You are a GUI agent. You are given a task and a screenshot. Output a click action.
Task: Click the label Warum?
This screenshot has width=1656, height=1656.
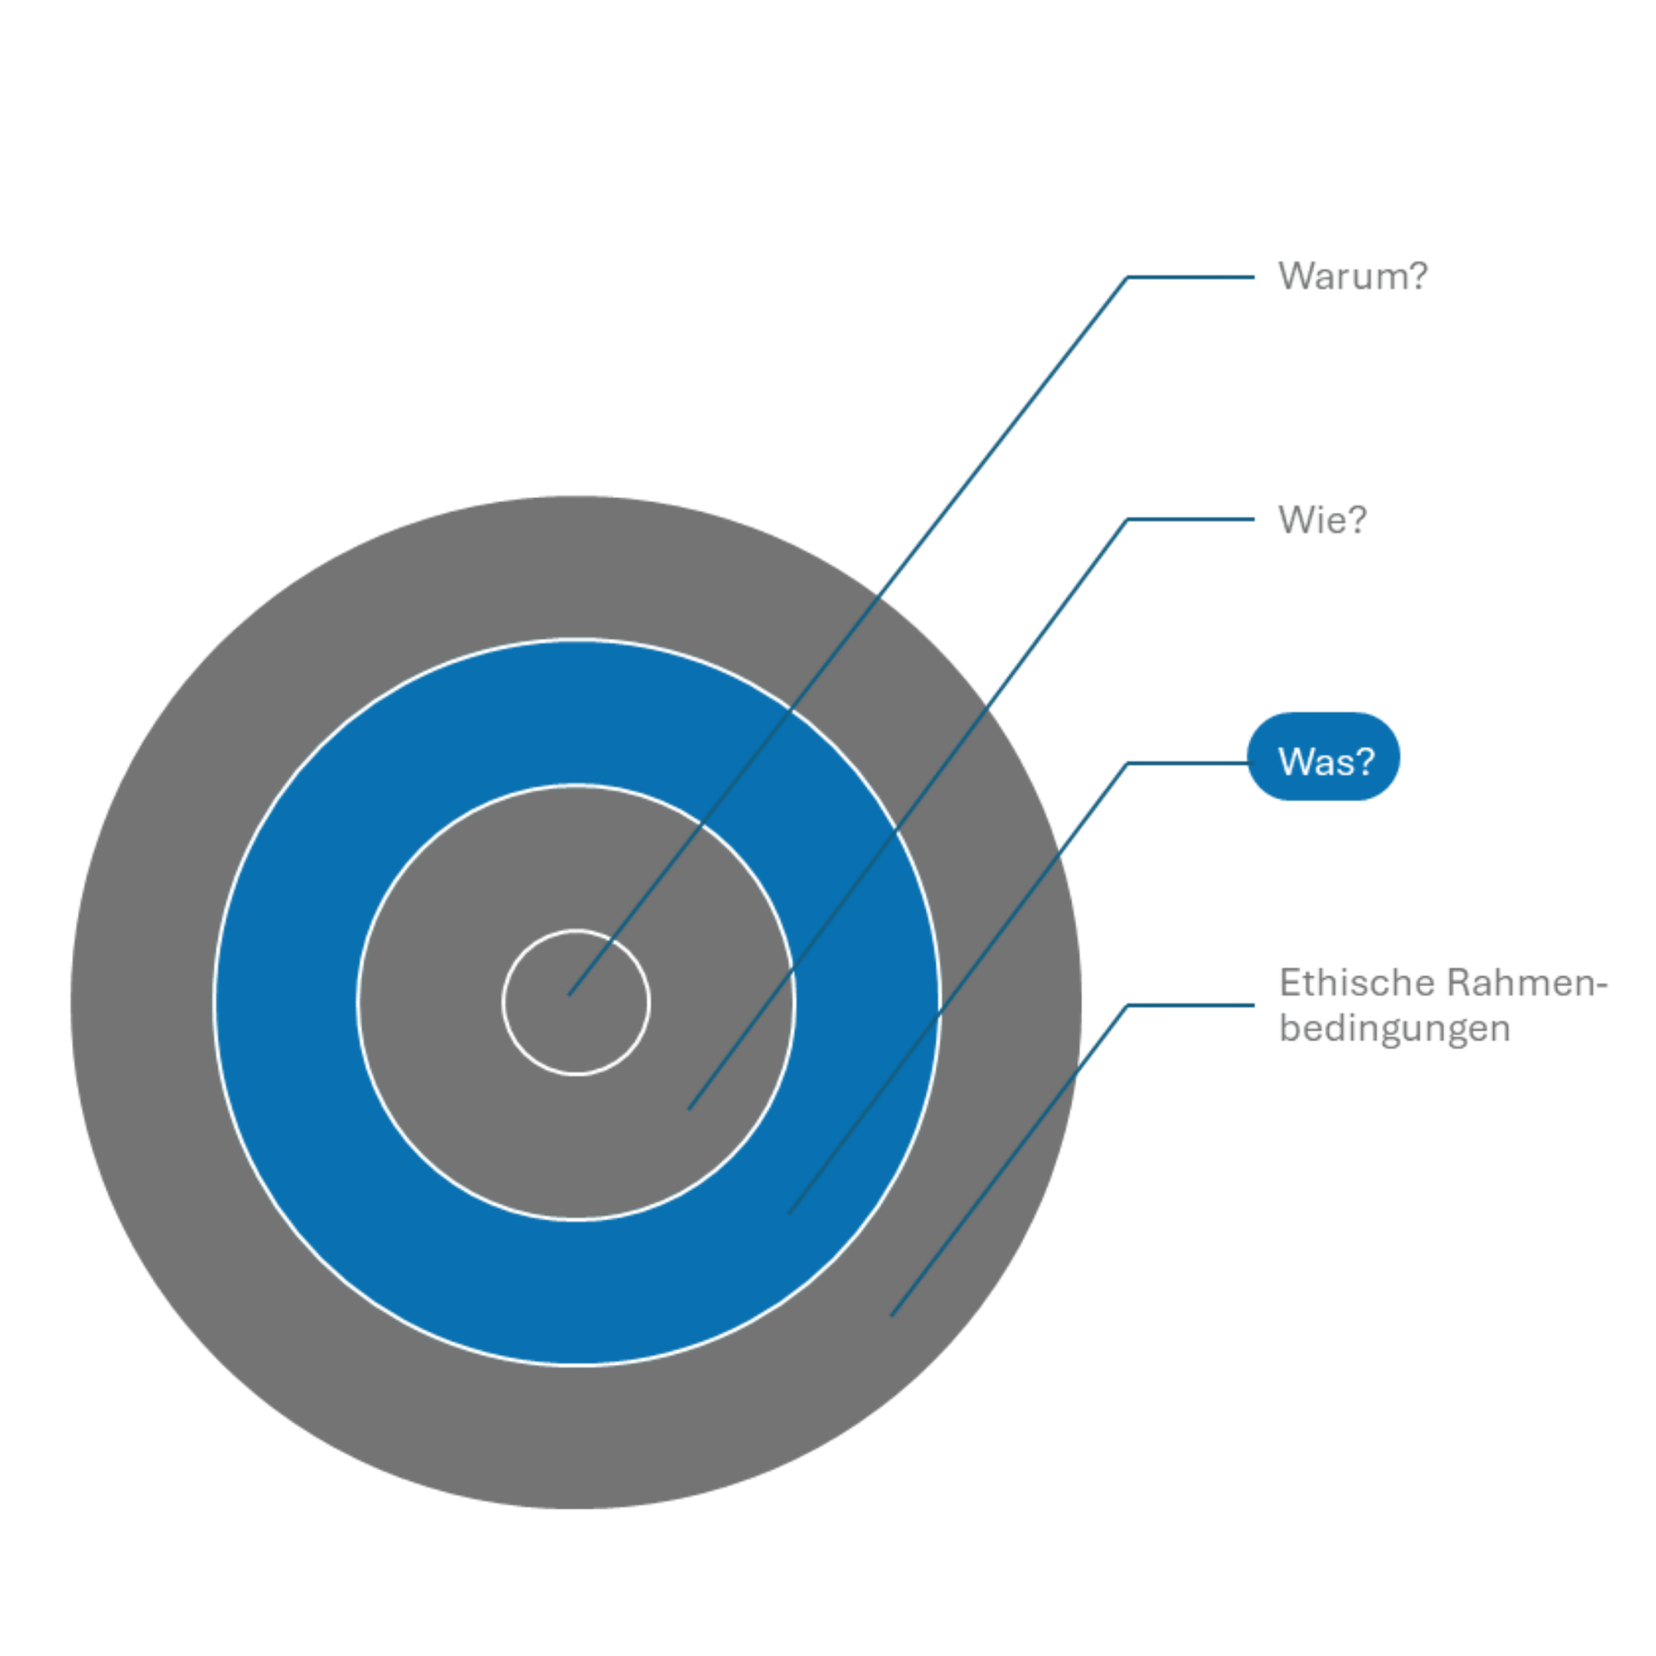1352,276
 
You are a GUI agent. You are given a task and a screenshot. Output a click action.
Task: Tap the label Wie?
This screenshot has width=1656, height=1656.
1322,520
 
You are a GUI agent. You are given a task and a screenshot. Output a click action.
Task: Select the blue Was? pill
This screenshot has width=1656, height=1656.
1324,758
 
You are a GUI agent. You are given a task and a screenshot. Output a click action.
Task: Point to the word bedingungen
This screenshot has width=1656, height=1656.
1394,1029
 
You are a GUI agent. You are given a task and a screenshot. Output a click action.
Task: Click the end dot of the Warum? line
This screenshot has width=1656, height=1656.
569,995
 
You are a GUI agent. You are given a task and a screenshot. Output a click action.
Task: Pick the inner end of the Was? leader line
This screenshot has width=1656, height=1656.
788,1214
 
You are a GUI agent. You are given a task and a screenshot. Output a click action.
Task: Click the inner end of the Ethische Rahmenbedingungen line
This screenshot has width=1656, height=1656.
892,1316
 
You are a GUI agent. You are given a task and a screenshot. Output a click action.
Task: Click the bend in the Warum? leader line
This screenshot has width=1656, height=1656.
1127,277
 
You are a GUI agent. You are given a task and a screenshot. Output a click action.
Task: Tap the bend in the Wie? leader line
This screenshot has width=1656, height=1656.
1127,520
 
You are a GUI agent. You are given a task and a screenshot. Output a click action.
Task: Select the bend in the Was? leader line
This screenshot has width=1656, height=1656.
1127,763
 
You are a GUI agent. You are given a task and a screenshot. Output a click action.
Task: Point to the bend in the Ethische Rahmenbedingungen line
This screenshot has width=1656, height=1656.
1127,1006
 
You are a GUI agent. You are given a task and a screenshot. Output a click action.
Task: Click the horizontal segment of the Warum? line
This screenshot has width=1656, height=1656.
1191,277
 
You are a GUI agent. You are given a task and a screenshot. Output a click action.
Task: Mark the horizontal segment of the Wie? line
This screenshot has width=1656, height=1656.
1191,520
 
